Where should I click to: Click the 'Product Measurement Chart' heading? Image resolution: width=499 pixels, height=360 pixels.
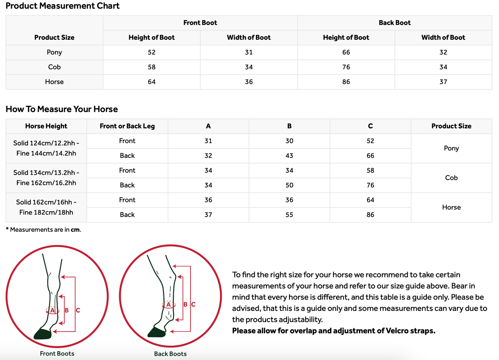click(x=63, y=6)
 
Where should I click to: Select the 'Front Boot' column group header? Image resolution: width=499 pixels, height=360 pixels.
click(x=200, y=23)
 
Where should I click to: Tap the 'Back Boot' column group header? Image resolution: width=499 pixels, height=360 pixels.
click(x=394, y=23)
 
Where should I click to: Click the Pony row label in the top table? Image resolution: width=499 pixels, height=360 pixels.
click(x=54, y=52)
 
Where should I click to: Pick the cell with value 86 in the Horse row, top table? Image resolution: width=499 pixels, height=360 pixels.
click(x=346, y=82)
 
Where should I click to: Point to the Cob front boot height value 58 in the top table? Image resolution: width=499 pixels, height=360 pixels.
click(x=152, y=67)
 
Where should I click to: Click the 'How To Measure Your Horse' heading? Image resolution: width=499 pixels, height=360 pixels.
click(x=61, y=109)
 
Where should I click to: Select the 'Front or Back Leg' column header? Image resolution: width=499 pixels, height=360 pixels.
click(x=127, y=126)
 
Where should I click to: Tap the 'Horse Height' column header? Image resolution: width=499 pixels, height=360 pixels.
click(x=46, y=126)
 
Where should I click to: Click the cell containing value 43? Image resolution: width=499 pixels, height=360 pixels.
click(x=289, y=156)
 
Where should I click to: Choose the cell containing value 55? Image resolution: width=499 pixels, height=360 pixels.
click(x=289, y=215)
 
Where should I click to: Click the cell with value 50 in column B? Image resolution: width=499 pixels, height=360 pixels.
click(x=289, y=185)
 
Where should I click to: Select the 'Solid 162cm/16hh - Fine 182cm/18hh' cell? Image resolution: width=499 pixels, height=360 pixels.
click(x=46, y=207)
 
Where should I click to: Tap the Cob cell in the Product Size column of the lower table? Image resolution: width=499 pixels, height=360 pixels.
click(x=451, y=178)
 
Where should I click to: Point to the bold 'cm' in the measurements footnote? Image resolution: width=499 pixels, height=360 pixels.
click(x=75, y=230)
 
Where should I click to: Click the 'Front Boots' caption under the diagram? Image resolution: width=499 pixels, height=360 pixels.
click(x=57, y=353)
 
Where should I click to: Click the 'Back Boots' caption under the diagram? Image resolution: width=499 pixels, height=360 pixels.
click(x=170, y=354)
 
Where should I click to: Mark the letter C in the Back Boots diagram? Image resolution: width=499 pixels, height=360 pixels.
click(x=193, y=304)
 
